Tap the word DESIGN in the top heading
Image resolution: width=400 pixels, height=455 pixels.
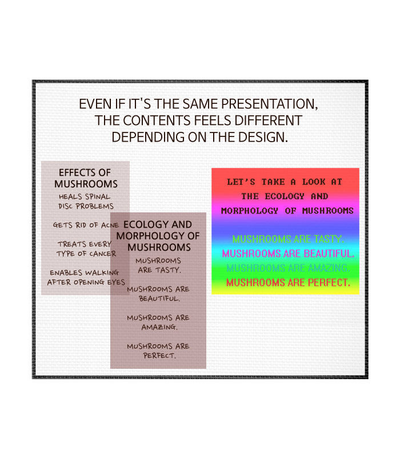point(262,137)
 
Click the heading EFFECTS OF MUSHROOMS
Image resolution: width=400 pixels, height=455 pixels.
point(85,178)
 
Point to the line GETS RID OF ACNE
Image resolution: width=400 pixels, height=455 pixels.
point(86,225)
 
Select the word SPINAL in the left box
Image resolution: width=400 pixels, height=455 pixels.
point(97,196)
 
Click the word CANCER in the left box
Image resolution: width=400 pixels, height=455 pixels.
point(102,253)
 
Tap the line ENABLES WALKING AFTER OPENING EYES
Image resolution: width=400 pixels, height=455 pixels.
point(86,277)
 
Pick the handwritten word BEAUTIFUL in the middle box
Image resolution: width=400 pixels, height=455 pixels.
point(159,299)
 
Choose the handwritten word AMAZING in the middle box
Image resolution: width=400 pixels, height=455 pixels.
point(159,327)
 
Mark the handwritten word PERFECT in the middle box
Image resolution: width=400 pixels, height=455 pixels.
point(159,356)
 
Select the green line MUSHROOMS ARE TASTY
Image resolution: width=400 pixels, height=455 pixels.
point(287,239)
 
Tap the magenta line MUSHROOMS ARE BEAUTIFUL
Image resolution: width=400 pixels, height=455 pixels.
point(288,253)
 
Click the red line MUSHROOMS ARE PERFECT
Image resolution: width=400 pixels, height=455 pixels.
point(288,283)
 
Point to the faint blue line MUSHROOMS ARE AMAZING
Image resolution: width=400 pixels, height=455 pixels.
point(287,268)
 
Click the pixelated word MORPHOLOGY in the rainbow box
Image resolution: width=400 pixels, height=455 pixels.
point(250,211)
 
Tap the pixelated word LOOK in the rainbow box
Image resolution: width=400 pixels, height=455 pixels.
point(314,182)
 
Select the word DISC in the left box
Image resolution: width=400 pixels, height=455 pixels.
point(65,206)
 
